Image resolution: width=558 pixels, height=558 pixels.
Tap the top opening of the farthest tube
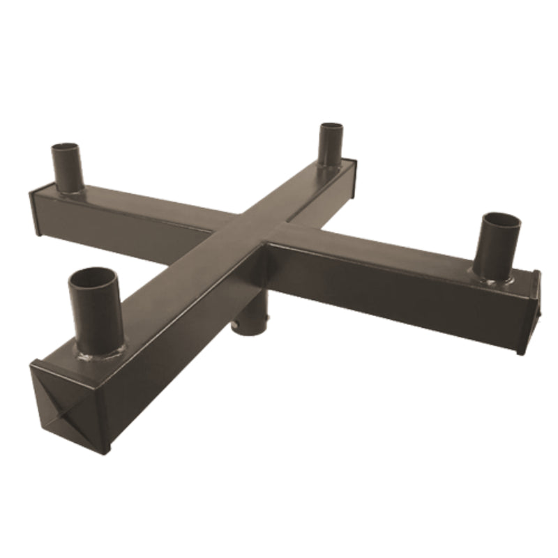[331, 127]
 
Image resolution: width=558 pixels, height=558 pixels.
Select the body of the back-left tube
[68, 171]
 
